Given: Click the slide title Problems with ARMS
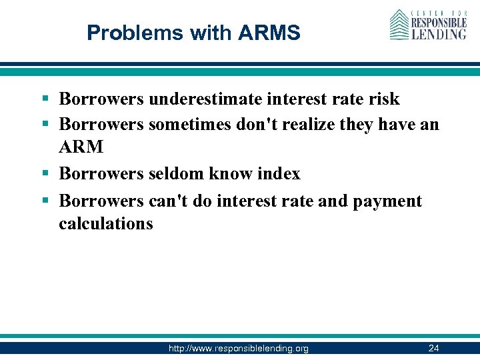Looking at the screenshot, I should (193, 32).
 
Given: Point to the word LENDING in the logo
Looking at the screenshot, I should (438, 33).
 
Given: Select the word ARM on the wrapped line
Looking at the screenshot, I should (81, 147).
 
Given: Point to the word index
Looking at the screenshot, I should (278, 174).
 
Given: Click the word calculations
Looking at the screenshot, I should (105, 223).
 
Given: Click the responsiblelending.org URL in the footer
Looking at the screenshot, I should (238, 348).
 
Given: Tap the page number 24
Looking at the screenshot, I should (433, 348).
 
